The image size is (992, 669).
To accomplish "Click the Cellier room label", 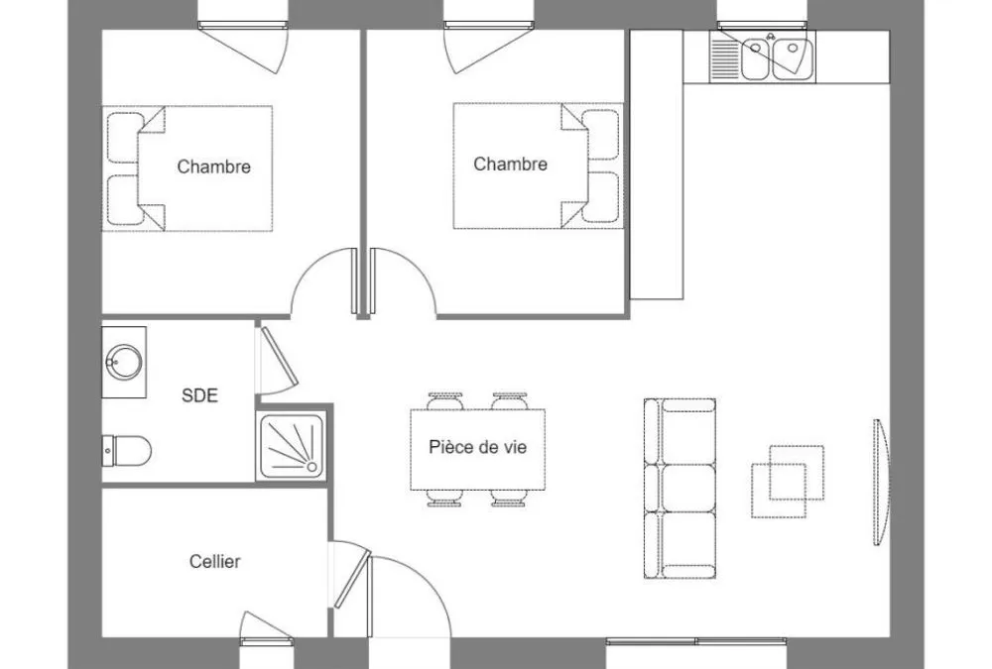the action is click(x=214, y=562).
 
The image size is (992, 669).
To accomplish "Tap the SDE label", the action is click(x=199, y=395).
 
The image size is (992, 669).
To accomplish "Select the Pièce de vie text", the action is click(x=478, y=447).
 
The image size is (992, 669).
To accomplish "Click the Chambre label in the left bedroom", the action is click(x=214, y=167).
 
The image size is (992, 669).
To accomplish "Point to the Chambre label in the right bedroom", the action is click(x=511, y=165).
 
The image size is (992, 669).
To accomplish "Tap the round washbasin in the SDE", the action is click(x=123, y=363).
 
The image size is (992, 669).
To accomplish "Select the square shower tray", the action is click(x=292, y=446).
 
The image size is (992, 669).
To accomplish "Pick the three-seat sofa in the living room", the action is click(x=681, y=489).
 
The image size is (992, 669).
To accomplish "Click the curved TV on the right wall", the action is click(x=882, y=482).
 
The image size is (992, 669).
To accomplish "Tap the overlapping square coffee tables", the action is click(x=788, y=482).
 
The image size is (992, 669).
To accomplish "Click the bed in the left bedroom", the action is click(x=187, y=168).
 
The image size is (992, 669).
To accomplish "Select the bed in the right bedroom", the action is click(x=539, y=166).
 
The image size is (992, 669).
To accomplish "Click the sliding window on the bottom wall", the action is click(x=696, y=642).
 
